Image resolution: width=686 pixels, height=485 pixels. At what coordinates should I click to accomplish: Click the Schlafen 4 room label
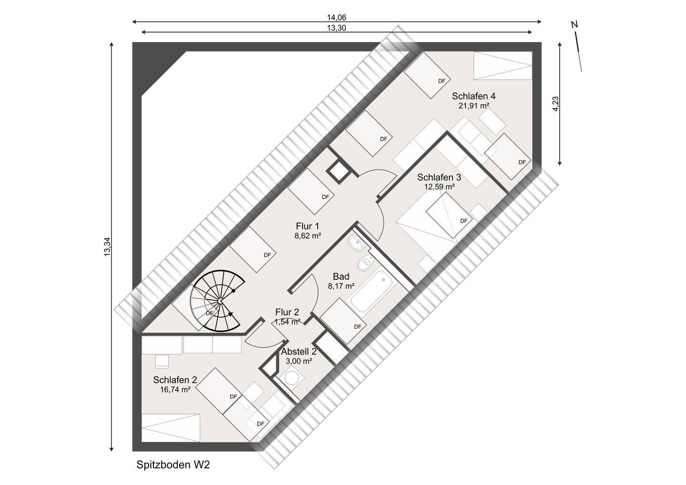(x=474, y=96)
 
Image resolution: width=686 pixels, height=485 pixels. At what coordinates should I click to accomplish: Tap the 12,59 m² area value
(x=439, y=186)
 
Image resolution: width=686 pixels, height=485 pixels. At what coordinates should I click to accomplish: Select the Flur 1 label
(x=307, y=226)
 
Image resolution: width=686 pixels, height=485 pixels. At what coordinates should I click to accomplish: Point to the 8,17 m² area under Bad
(x=341, y=286)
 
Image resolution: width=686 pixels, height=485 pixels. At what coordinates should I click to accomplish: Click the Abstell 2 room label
(x=299, y=352)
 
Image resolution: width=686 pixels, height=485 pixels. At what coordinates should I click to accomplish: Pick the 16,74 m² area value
(x=175, y=389)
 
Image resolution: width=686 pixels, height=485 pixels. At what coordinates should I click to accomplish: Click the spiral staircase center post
(x=220, y=302)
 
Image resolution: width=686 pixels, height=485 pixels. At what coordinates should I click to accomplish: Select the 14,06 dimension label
(x=336, y=18)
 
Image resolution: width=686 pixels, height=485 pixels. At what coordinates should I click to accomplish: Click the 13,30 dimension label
(x=336, y=28)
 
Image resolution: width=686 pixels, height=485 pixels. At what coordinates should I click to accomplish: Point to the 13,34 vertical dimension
(x=107, y=247)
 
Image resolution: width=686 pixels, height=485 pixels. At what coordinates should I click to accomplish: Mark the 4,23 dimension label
(x=556, y=104)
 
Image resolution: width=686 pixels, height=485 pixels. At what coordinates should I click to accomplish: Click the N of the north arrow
(x=575, y=25)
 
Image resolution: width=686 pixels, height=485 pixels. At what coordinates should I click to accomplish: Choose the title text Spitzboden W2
(x=173, y=465)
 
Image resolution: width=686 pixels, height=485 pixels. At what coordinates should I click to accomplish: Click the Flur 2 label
(x=287, y=312)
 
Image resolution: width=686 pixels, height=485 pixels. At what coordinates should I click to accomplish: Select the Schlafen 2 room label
(x=175, y=380)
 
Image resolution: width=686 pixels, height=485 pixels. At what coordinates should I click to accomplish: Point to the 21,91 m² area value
(x=474, y=106)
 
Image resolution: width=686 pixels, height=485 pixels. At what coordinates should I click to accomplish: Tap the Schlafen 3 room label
(x=439, y=177)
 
